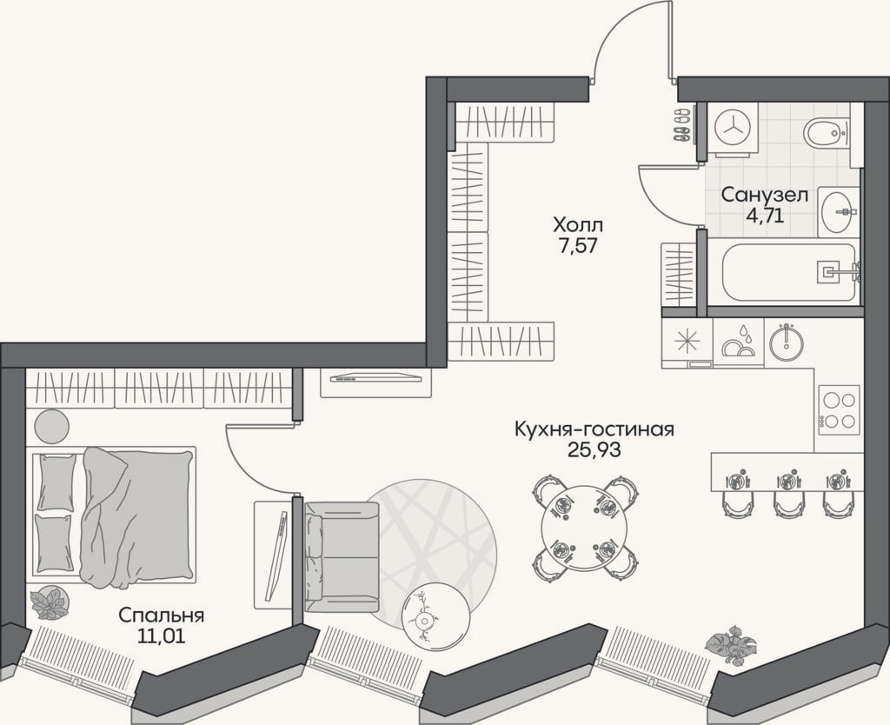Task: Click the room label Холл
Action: coord(578,225)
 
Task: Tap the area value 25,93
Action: coord(594,449)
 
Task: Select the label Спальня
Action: coord(161,615)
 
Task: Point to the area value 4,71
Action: coord(764,216)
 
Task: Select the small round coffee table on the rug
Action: coord(436,618)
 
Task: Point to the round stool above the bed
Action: coord(51,426)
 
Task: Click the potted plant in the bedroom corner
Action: coord(50,602)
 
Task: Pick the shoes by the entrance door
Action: coord(681,125)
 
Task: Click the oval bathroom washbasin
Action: coord(837,212)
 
